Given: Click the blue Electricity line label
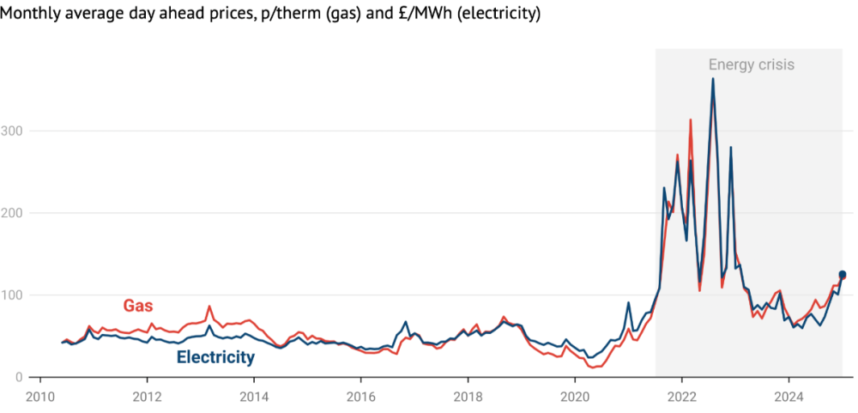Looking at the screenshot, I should tap(215, 357).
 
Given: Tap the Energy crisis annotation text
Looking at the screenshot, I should tap(751, 64).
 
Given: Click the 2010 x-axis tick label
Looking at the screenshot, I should tap(40, 398).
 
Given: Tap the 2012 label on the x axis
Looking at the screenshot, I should tap(148, 398).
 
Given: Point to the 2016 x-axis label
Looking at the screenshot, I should tap(361, 398).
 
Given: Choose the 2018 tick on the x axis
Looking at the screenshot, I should tap(468, 398).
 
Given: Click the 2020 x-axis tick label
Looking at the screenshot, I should tap(575, 398).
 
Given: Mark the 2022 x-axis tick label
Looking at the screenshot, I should tap(681, 398).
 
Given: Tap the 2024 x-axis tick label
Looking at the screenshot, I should tap(789, 398).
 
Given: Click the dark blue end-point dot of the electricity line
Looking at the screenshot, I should tap(842, 275).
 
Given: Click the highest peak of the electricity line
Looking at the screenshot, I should tap(712, 79).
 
